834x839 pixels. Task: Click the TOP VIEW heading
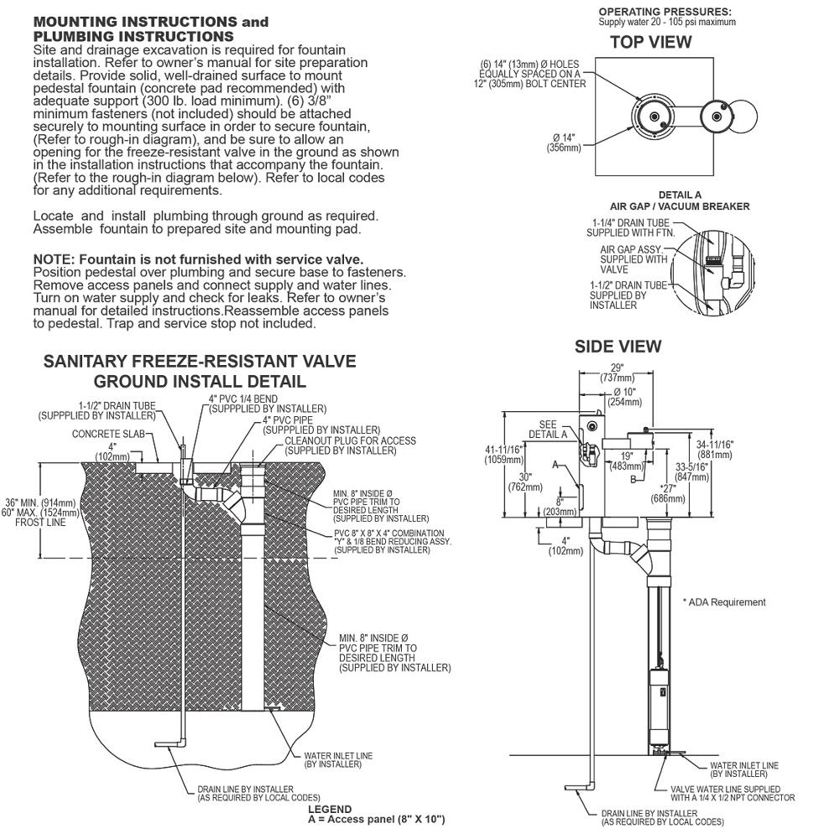tap(650, 42)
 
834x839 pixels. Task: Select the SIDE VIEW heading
tap(618, 347)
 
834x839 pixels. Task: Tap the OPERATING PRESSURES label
tap(665, 12)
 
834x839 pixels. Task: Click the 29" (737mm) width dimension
tap(617, 373)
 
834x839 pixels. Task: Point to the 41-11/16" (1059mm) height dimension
tap(504, 455)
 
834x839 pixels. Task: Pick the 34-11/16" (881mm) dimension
tap(714, 450)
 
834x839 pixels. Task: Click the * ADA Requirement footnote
tap(724, 602)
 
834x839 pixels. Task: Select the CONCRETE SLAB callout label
tap(108, 434)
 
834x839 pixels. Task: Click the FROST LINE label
tap(40, 522)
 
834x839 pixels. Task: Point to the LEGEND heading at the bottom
tap(330, 809)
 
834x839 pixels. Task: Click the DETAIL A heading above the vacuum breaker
tap(680, 195)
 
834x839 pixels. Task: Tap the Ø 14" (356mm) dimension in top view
tap(564, 143)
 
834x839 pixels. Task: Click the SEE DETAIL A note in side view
tap(548, 430)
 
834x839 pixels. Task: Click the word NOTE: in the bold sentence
tap(55, 259)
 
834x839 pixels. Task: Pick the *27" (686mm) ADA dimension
tap(668, 494)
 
